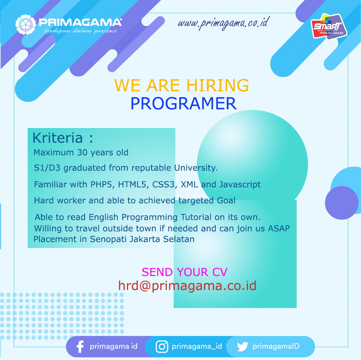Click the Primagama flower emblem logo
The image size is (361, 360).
coord(26,24)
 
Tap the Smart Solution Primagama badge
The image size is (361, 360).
coord(329,26)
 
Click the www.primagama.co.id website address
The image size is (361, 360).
coord(223,23)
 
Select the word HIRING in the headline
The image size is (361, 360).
coord(218,85)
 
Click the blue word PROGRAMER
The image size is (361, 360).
coord(183,104)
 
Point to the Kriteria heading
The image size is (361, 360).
coord(63,138)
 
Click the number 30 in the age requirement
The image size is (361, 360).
coord(82,152)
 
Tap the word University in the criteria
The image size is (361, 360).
coord(196,168)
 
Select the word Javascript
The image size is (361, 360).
coord(240,185)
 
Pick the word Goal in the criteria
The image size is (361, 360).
coord(226,200)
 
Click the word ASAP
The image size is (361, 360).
coord(279,228)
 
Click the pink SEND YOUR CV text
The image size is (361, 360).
coord(184,272)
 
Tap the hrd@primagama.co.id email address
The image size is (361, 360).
coord(187,286)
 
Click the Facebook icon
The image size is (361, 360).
coord(80,347)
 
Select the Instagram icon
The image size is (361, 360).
coord(162,347)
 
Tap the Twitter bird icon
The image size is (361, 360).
coord(242,347)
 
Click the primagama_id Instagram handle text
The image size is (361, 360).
coord(197,346)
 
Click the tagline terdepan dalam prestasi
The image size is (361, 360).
coord(80,31)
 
